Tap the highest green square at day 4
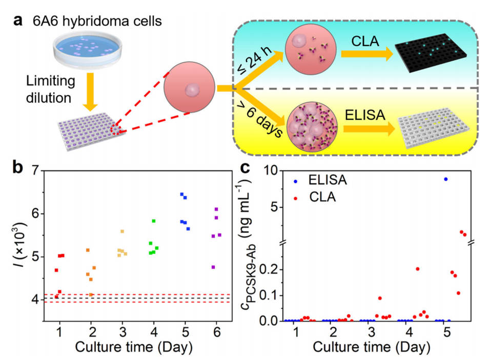click(x=154, y=221)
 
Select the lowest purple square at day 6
click(x=213, y=267)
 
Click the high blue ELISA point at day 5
click(x=445, y=179)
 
